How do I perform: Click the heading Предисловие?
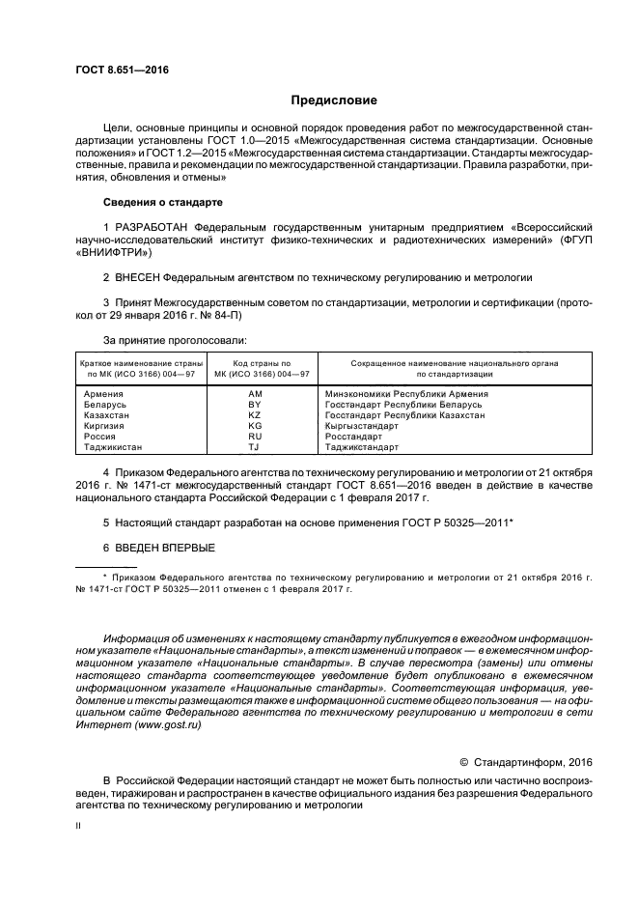click(x=334, y=99)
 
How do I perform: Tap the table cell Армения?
click(x=102, y=394)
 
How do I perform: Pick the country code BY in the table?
click(x=255, y=404)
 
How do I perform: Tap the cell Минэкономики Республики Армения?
click(x=405, y=394)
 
